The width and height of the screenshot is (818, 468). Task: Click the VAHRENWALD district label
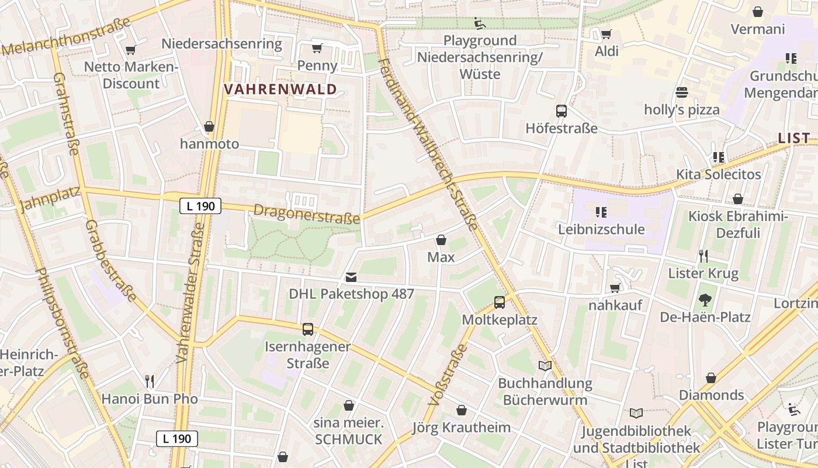(281, 90)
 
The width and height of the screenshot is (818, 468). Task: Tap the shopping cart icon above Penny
(317, 48)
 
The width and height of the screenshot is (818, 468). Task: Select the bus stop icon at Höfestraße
(561, 111)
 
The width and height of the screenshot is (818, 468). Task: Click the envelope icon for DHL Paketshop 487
(351, 277)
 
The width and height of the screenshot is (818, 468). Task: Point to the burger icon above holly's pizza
(681, 92)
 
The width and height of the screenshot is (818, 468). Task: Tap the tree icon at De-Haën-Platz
(705, 300)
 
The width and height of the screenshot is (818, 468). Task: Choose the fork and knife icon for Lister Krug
(703, 256)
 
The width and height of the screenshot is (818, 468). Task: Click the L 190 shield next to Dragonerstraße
(200, 206)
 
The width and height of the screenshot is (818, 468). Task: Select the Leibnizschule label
(601, 229)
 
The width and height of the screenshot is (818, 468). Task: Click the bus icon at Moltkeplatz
(500, 302)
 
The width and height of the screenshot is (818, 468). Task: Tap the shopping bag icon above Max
(441, 240)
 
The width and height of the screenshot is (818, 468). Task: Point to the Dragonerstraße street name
(307, 214)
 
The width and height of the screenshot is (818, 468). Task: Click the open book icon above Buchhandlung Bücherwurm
(545, 366)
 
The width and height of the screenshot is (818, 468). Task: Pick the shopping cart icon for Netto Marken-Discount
(131, 50)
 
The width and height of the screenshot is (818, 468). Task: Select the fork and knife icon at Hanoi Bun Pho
(150, 381)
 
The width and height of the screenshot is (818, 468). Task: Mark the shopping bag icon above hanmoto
(209, 126)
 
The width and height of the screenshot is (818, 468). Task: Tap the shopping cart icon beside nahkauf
(615, 288)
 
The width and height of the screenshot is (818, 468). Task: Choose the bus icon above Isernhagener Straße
(308, 329)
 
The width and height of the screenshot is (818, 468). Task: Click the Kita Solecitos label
(719, 174)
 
